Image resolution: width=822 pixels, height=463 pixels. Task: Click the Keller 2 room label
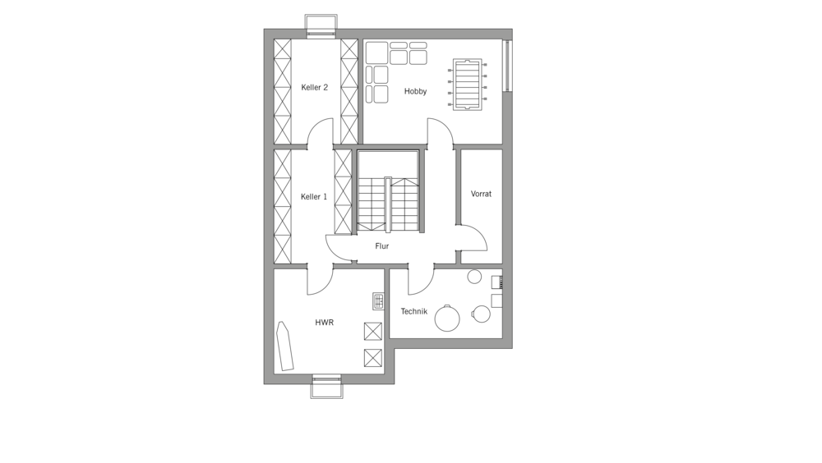(x=315, y=88)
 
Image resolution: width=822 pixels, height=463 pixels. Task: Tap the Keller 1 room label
(x=314, y=197)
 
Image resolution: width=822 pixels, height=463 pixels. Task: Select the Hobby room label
(x=416, y=92)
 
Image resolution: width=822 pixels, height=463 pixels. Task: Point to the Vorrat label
(x=481, y=194)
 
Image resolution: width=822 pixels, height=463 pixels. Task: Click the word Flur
(x=382, y=246)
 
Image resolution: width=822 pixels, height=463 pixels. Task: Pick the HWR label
(x=325, y=323)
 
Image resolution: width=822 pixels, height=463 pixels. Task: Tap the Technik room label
(x=414, y=312)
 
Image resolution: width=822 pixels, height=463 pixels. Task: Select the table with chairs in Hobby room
(x=468, y=85)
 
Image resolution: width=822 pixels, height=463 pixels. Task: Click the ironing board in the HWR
(x=285, y=346)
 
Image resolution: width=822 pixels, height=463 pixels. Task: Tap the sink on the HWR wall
(x=378, y=300)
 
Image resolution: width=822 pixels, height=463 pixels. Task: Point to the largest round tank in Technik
(x=447, y=318)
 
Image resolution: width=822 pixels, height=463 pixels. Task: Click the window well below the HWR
(x=326, y=387)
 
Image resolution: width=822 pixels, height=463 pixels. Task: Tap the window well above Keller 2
(x=321, y=26)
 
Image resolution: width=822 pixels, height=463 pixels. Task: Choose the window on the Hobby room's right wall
(x=507, y=66)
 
